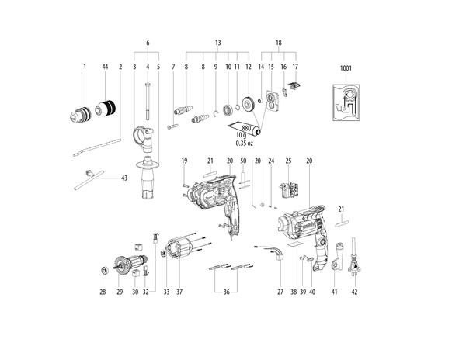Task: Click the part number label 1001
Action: pos(346,68)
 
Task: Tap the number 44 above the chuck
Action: pos(105,67)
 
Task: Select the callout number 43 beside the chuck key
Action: pos(124,178)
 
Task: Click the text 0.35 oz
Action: pos(245,143)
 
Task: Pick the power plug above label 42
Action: pos(354,257)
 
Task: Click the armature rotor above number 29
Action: pos(130,263)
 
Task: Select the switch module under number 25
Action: pos(289,190)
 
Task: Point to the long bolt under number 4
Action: pos(148,101)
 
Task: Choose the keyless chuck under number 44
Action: pos(106,109)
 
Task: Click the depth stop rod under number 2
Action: pos(97,146)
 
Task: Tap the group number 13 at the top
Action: pos(217,43)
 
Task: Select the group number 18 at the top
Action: pos(279,43)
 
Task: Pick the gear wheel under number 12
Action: pos(247,104)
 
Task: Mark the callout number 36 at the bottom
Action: pos(227,292)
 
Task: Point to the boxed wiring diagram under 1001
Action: pos(346,102)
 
